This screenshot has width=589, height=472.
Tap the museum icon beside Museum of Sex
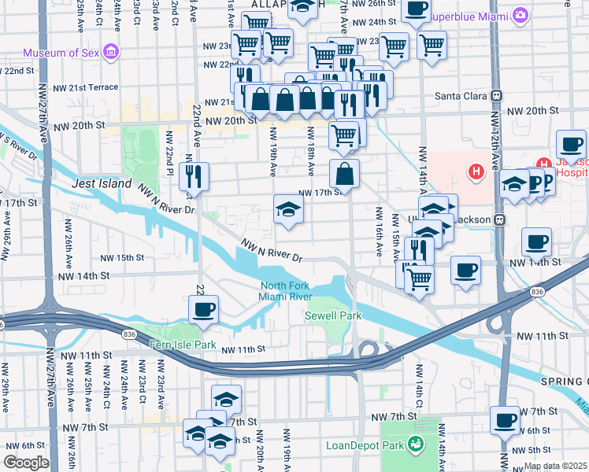(112, 53)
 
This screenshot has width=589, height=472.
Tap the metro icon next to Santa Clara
(497, 96)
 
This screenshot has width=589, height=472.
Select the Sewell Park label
(333, 315)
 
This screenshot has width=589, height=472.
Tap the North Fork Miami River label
(286, 290)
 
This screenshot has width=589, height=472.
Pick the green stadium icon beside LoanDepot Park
(415, 445)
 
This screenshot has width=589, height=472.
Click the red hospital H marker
(476, 171)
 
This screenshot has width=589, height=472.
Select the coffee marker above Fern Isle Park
(204, 308)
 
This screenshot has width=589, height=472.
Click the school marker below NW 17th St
(288, 209)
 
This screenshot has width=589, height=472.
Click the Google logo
(26, 463)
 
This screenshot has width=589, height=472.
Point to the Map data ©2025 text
(555, 466)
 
